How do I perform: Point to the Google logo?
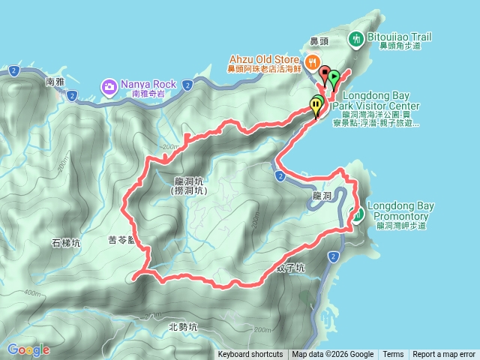pos(28,349)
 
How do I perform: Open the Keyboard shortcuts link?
pos(250,355)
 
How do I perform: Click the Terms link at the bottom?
pos(393,355)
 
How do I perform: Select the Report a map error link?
pos(443,355)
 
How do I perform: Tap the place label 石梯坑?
pos(66,243)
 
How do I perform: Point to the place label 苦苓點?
pos(121,241)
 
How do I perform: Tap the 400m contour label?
pos(31,292)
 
